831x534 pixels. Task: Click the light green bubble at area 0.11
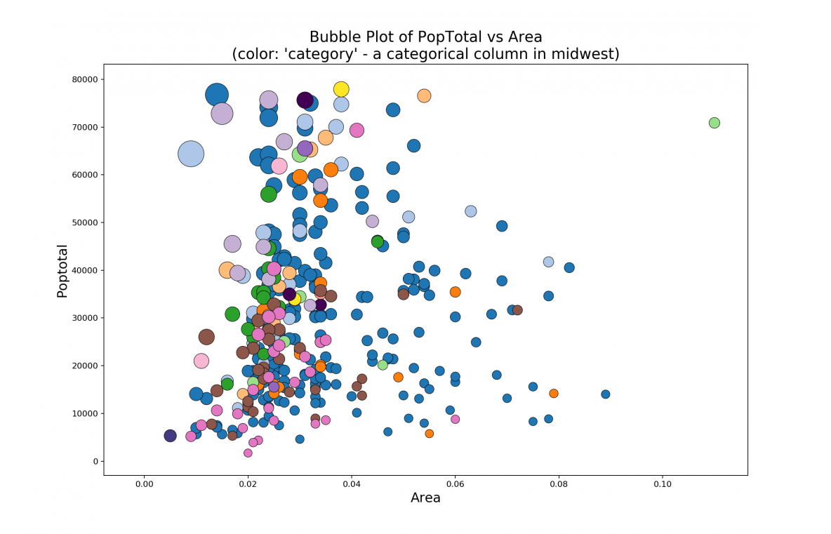714,123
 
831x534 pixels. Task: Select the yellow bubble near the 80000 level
341,89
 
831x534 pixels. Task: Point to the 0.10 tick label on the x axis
662,484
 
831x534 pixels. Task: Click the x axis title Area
425,498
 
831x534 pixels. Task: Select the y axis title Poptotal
62,271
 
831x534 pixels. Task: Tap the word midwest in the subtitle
587,54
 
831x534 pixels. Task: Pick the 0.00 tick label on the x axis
144,484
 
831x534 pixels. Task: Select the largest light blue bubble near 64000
191,154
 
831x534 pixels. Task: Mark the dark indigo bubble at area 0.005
170,436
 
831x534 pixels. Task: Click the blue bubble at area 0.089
605,394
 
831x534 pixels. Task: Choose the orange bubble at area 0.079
553,394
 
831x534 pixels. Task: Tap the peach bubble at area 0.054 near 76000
424,95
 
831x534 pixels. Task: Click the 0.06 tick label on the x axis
455,484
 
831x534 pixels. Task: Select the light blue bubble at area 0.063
470,211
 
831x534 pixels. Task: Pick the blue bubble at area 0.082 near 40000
569,267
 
